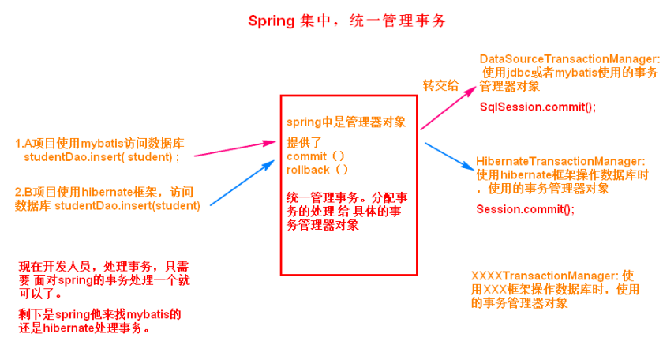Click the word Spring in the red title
pyautogui.click(x=272, y=21)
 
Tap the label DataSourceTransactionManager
pyautogui.click(x=568, y=59)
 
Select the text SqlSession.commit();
pyautogui.click(x=538, y=107)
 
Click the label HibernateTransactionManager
pyautogui.click(x=560, y=161)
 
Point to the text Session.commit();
pyautogui.click(x=525, y=209)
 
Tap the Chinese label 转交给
pyautogui.click(x=440, y=85)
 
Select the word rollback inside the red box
pyautogui.click(x=307, y=169)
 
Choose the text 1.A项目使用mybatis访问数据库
pyautogui.click(x=99, y=143)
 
